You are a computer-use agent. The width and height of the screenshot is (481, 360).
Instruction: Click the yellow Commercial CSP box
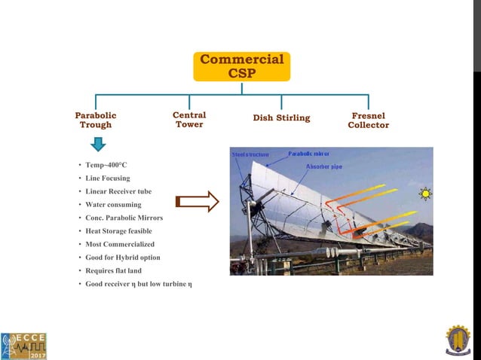pos(241,66)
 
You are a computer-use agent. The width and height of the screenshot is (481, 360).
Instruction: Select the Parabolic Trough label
pos(96,120)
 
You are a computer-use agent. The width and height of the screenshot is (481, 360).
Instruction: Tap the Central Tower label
pos(189,120)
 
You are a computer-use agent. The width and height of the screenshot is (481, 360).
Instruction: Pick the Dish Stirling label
pos(281,117)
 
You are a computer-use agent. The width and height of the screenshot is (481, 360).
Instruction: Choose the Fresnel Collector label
pos(368,121)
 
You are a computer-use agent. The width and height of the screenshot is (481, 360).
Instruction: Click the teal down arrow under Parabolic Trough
pos(96,139)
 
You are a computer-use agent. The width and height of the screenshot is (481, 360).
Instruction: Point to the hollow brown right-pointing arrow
pos(197,201)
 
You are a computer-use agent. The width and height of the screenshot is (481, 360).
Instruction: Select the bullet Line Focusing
pos(107,178)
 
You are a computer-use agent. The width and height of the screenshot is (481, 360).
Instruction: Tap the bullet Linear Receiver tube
pos(118,191)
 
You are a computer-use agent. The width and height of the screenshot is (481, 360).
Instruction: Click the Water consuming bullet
pos(112,204)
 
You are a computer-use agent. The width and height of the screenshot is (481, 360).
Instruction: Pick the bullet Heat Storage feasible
pos(118,231)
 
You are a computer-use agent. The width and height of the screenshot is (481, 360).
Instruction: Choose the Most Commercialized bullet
pos(119,244)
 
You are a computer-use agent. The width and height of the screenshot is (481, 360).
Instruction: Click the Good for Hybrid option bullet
pos(122,258)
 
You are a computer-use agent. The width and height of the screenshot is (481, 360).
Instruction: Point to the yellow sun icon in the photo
pos(425,194)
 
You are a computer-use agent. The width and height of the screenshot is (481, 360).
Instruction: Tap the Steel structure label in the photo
pos(250,154)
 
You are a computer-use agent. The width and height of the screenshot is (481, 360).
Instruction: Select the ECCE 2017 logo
pos(23,344)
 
